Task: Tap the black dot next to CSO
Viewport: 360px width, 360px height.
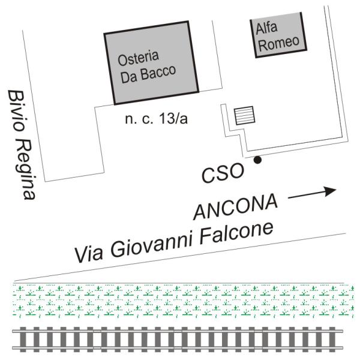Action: tap(257, 160)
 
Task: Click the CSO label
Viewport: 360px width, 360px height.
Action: tap(223, 173)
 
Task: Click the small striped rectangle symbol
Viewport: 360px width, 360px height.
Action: tap(244, 115)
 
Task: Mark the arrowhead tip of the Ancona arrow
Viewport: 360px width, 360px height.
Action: tap(335, 190)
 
